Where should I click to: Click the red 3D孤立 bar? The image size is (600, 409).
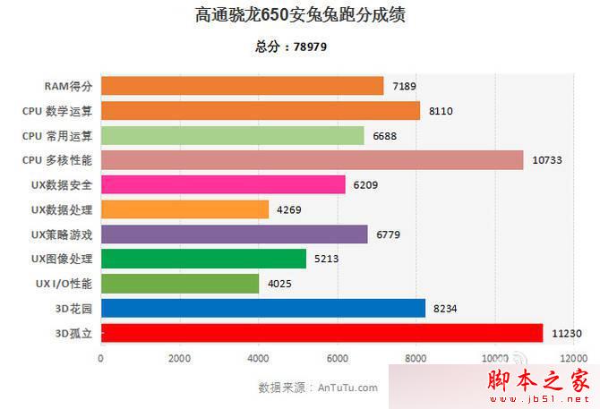tap(321, 333)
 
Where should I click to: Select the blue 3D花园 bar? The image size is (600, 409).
tap(263, 308)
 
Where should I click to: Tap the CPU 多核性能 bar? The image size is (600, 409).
tap(312, 160)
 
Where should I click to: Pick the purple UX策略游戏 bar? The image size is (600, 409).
tap(234, 234)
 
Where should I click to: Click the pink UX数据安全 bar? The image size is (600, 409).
tap(223, 185)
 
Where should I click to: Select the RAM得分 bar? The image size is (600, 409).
tap(242, 86)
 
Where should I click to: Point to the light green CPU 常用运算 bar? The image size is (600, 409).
tap(232, 135)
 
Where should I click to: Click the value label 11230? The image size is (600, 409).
tap(567, 334)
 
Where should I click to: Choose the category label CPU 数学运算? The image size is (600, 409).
tap(58, 111)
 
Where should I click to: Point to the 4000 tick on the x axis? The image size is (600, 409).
tap(258, 358)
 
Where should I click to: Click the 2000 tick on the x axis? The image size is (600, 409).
tap(179, 358)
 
